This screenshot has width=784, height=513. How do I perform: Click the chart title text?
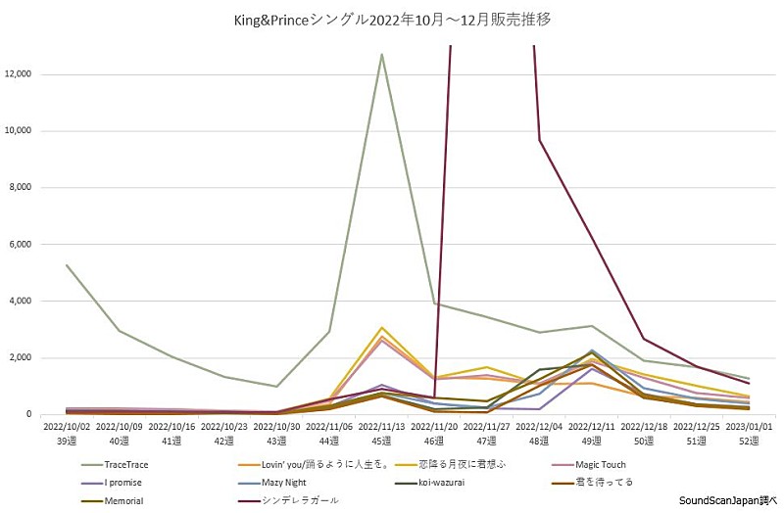tap(392, 20)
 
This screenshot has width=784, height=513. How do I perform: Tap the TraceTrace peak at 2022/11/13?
tap(381, 54)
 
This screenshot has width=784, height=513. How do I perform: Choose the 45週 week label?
tap(381, 443)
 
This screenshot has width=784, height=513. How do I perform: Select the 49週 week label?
tap(592, 443)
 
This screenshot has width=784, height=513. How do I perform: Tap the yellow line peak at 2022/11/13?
tap(381, 328)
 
